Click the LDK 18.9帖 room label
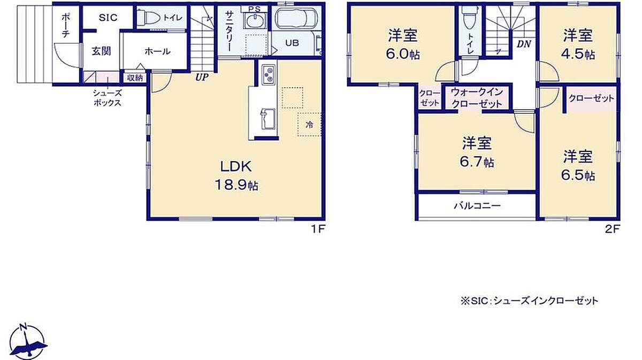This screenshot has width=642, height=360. coord(236,175)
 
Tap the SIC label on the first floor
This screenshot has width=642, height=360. coord(108,18)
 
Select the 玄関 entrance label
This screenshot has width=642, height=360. coord(101,51)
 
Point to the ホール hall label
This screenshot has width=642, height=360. coord(157,51)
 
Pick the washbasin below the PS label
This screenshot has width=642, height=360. coord(255,20)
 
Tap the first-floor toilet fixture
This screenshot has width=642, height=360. coord(149,18)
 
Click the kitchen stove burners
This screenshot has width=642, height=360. coord(269,74)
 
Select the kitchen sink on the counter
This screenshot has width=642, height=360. coord(267,119)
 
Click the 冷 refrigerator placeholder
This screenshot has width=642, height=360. coord(309,125)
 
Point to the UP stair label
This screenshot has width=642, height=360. coord(202,77)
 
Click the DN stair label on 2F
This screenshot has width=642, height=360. coord(524,44)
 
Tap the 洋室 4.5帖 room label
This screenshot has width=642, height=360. coord(578,44)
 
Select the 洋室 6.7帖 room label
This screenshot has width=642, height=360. coord(477,152)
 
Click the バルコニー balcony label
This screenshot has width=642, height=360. coord(477,206)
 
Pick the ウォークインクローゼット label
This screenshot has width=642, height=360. coord(477,98)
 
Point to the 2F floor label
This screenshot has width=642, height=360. coord(613,229)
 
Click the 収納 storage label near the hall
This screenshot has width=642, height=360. coord(135,78)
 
